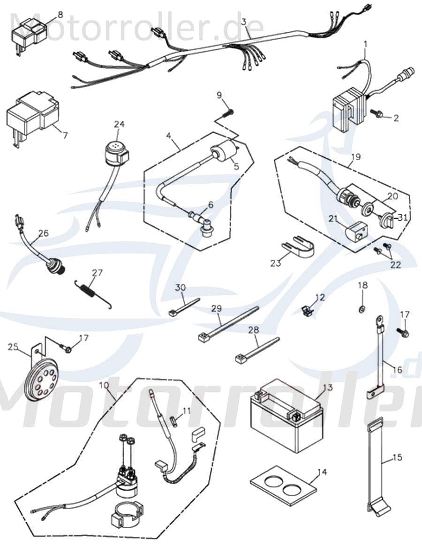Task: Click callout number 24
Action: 119,124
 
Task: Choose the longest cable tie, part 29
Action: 228,323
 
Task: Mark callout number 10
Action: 104,385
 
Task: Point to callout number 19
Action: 356,157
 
